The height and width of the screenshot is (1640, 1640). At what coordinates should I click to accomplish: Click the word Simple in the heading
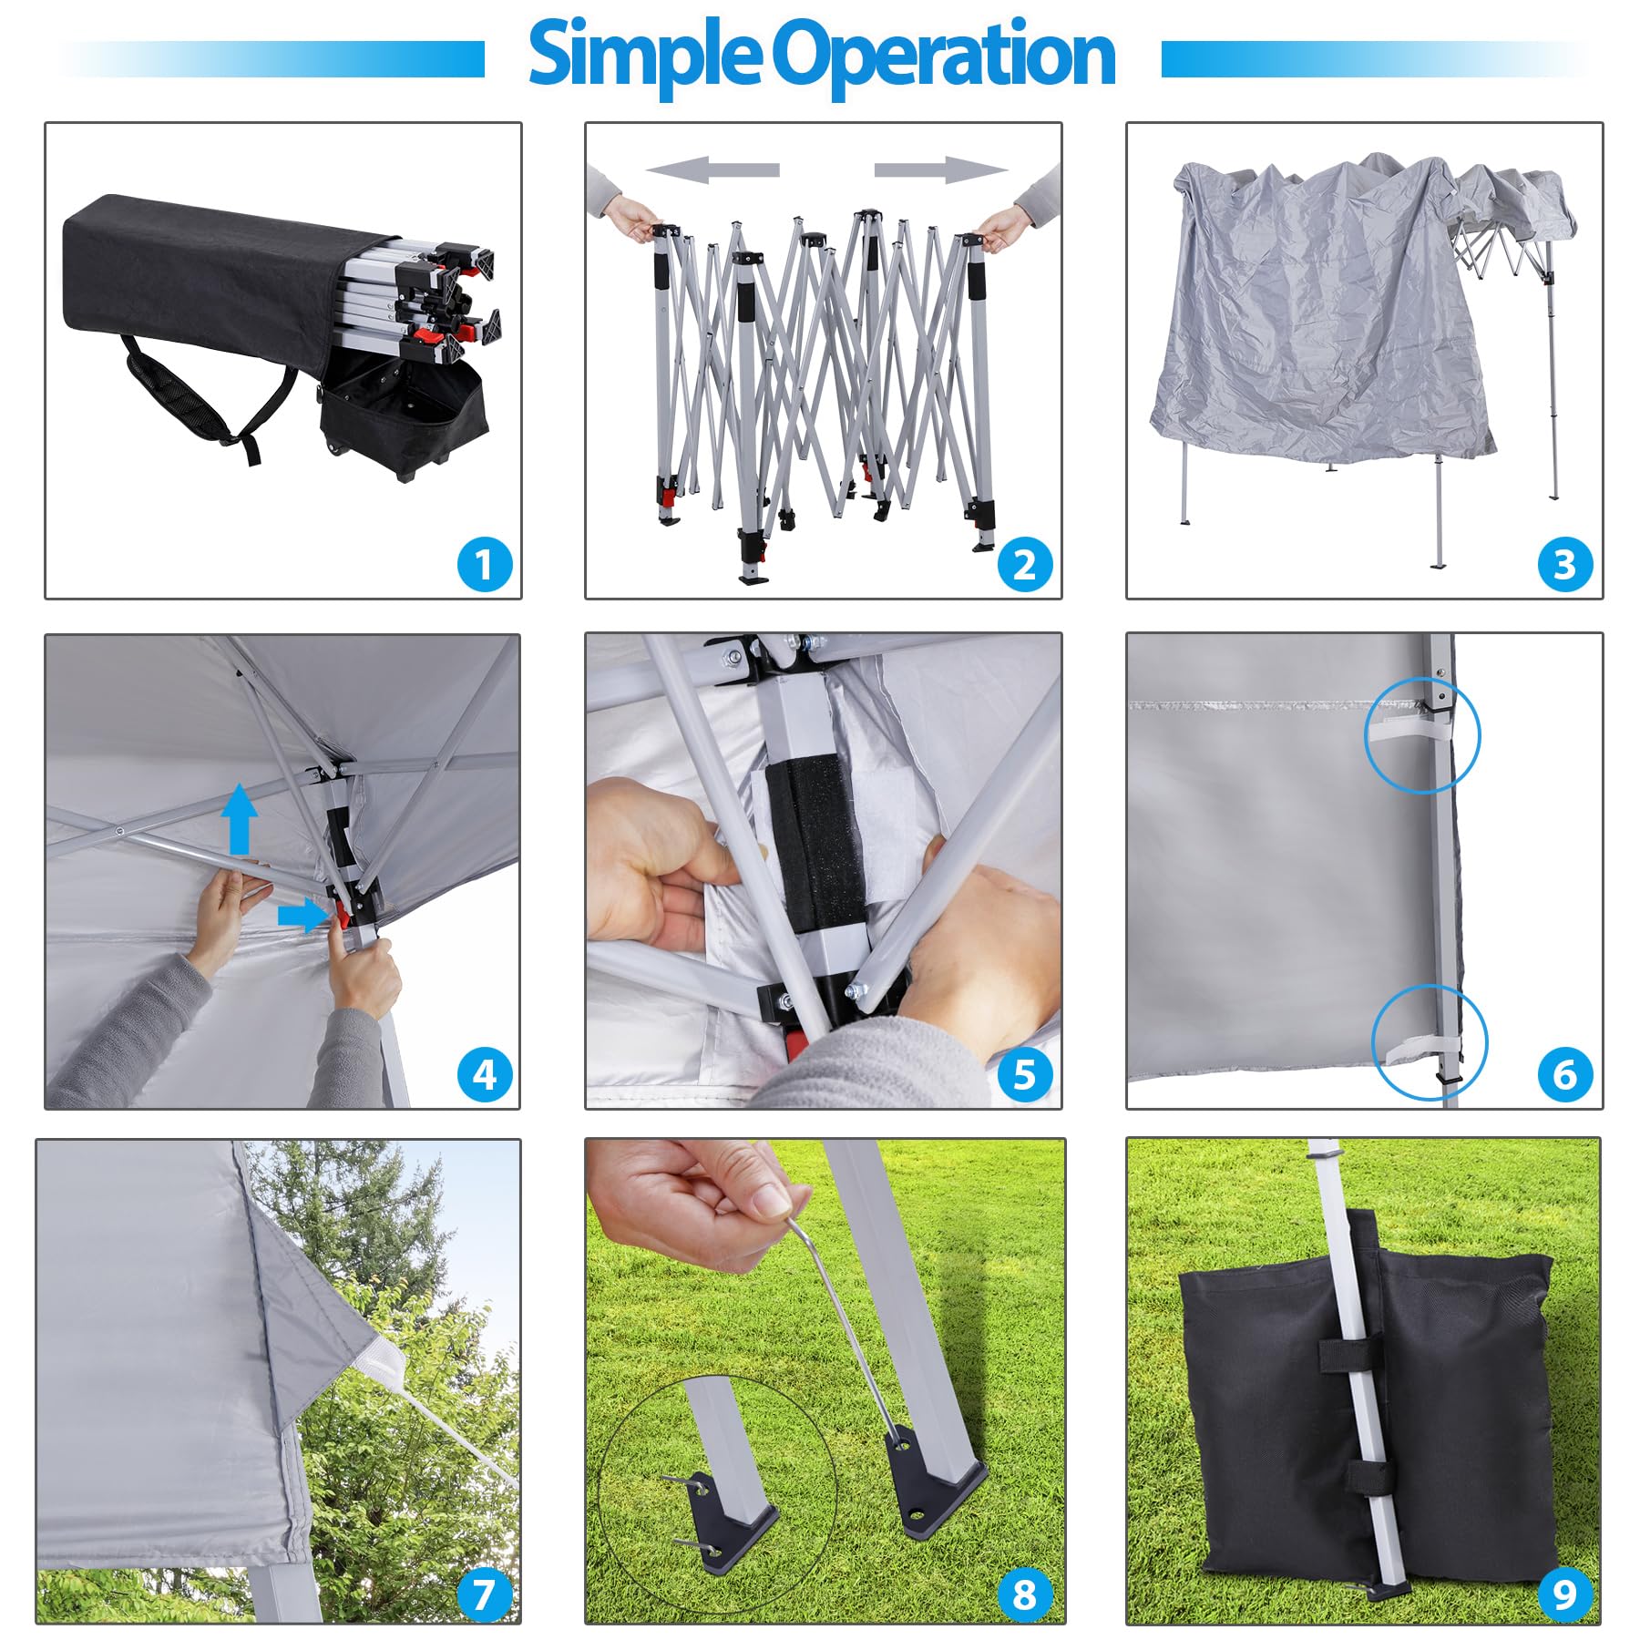click(642, 55)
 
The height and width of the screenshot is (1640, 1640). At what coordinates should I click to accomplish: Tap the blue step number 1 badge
click(484, 564)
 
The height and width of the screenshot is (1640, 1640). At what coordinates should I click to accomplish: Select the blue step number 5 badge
click(1025, 1074)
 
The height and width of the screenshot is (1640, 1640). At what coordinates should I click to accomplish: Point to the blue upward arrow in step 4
click(240, 818)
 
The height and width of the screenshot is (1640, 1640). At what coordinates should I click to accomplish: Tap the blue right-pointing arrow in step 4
click(302, 916)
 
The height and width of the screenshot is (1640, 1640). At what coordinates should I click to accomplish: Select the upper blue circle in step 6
click(1421, 734)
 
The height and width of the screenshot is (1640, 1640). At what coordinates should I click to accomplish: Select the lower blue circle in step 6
click(1429, 1041)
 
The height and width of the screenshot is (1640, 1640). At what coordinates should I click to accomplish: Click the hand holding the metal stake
click(692, 1203)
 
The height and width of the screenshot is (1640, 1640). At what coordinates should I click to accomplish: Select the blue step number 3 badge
click(1564, 564)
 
